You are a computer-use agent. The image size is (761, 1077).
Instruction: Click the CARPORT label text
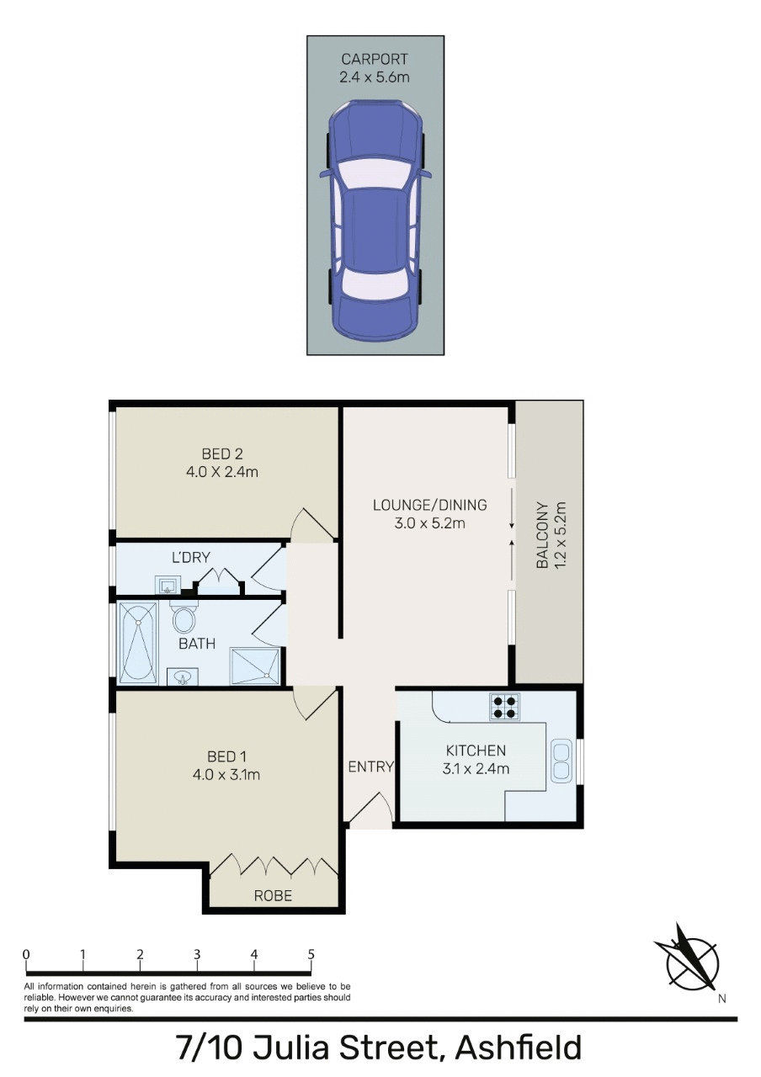point(375,59)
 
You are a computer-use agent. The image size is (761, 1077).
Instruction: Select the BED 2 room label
point(222,454)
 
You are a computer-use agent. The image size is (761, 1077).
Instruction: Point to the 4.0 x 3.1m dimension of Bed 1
point(226,775)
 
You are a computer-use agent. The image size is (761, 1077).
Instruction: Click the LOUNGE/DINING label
point(430,505)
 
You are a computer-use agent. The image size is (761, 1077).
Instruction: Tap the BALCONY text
point(542,535)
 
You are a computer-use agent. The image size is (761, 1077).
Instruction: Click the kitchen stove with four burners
point(504,706)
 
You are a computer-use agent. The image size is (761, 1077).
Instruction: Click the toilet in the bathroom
point(184,617)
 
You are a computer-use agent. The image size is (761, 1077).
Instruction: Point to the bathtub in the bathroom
point(138,643)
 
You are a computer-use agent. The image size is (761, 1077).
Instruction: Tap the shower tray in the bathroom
point(255,666)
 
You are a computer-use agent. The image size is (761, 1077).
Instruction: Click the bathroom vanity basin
point(183,676)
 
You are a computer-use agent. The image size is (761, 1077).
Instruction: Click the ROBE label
point(273,895)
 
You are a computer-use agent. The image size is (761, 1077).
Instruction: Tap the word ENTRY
point(370,767)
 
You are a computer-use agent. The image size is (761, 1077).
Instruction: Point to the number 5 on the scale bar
point(311,954)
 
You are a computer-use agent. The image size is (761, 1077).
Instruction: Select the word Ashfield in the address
point(519,1048)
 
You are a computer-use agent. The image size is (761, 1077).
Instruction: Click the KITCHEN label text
point(476,750)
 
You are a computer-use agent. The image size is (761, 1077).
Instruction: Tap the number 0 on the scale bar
point(26,954)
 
